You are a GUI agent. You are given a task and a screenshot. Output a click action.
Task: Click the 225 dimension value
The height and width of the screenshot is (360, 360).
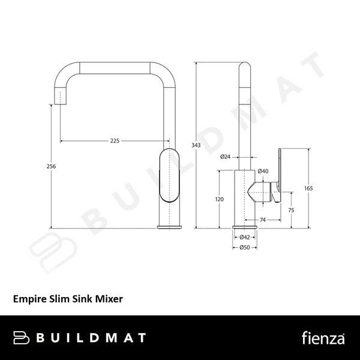pyautogui.click(x=115, y=141)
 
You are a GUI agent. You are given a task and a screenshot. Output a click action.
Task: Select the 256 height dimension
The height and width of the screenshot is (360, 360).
pyautogui.click(x=52, y=166)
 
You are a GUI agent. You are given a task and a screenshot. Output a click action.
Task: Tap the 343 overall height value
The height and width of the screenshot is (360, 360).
pyautogui.click(x=196, y=145)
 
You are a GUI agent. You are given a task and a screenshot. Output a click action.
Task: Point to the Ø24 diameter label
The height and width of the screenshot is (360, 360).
pyautogui.click(x=226, y=157)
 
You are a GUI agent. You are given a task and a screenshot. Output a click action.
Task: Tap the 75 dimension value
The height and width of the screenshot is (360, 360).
pyautogui.click(x=291, y=210)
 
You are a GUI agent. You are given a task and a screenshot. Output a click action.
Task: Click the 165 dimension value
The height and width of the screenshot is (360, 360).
pyautogui.click(x=308, y=188)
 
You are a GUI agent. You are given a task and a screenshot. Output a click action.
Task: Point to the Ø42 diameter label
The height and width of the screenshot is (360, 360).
pyautogui.click(x=244, y=238)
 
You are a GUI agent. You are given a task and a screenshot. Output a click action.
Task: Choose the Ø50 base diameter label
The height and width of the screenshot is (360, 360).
pyautogui.click(x=244, y=247)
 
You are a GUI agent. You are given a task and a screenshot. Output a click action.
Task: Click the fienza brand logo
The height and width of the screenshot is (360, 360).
pyautogui.click(x=323, y=338)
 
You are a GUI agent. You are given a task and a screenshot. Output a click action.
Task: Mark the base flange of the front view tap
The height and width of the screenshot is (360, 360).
pyautogui.click(x=169, y=226)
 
